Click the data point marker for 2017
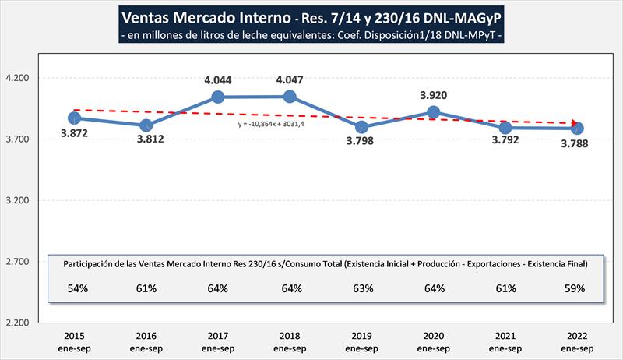coord(218,97)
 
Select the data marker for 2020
coord(434,112)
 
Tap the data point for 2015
coord(74,118)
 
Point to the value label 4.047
coord(289,79)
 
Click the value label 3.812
coord(146,140)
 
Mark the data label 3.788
coord(577,143)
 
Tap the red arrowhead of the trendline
coord(575,124)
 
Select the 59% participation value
coord(577,289)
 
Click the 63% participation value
coord(362,289)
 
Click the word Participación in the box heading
coord(92,264)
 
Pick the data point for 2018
coord(290,97)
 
